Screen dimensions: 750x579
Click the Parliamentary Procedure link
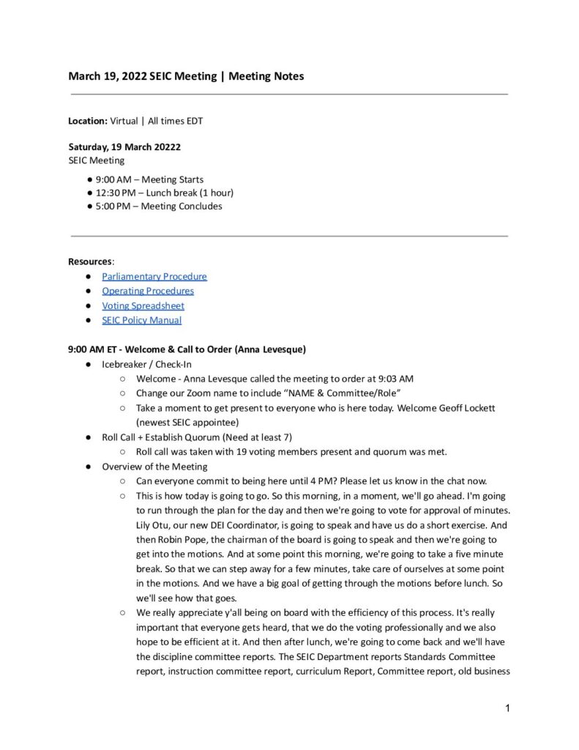tap(154, 276)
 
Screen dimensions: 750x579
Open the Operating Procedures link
tap(148, 291)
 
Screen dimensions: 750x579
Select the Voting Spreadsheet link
tap(143, 305)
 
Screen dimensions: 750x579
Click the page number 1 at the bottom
tap(507, 708)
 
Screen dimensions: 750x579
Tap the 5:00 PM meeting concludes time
tap(115, 206)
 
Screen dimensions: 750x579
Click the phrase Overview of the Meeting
tap(154, 467)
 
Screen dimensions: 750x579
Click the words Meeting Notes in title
tap(266, 76)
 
